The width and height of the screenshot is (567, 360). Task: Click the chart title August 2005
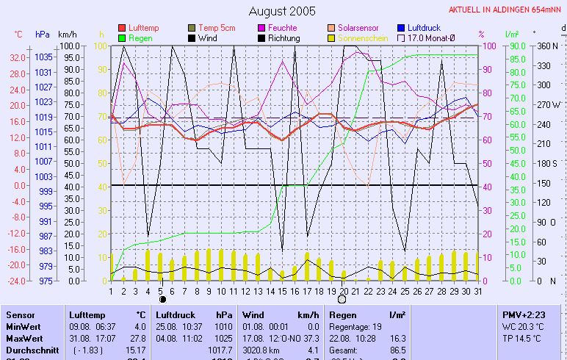[282, 11]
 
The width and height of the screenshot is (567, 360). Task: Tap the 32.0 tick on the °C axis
[18, 57]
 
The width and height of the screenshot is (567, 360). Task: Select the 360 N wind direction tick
[548, 46]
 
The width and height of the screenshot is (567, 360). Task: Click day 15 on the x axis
[282, 291]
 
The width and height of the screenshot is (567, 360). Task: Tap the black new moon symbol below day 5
[162, 300]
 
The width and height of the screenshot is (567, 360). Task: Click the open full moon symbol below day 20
[342, 300]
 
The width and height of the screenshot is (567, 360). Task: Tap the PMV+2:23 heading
[522, 314]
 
